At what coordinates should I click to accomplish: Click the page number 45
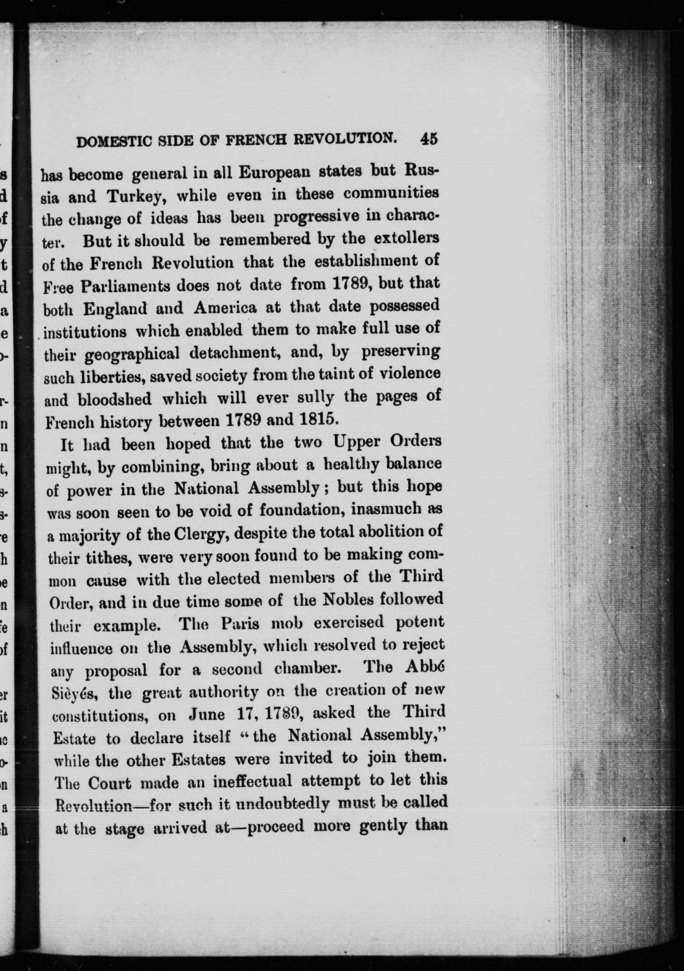coord(429,139)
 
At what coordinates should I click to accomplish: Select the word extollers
coord(407,238)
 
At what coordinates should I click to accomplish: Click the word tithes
coord(106,558)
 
